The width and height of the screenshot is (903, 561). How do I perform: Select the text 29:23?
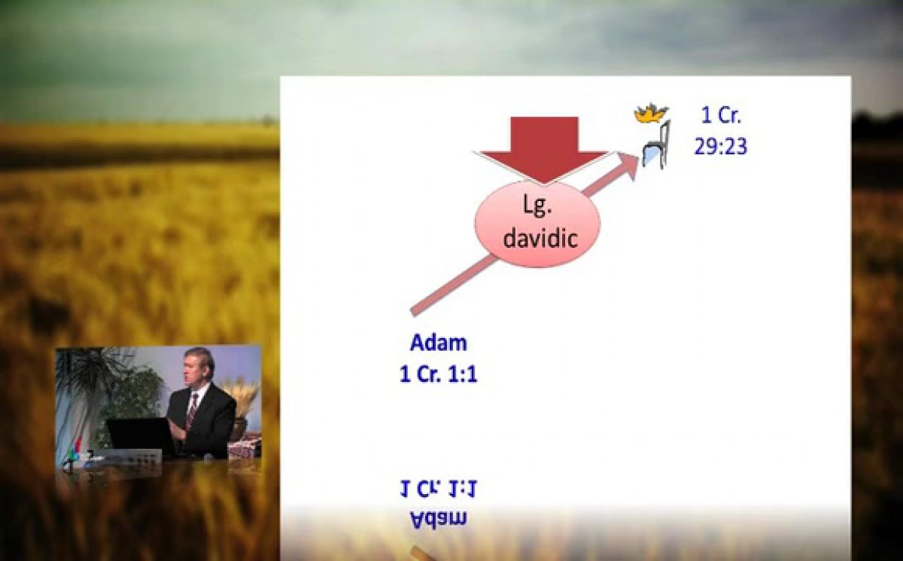pyautogui.click(x=720, y=146)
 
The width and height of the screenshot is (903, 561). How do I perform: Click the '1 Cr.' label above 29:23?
pyautogui.click(x=721, y=115)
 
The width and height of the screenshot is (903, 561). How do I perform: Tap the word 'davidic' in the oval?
pyautogui.click(x=540, y=239)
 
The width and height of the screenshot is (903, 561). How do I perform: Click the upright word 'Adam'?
pyautogui.click(x=439, y=343)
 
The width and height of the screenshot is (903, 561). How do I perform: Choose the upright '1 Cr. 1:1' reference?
pyautogui.click(x=439, y=373)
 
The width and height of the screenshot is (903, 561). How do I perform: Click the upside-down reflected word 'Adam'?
pyautogui.click(x=439, y=519)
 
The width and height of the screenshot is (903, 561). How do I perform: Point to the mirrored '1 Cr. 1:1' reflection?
pyautogui.click(x=439, y=489)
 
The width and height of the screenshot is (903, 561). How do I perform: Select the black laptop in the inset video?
pyautogui.click(x=141, y=438)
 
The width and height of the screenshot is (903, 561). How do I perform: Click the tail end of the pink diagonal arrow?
pyautogui.click(x=413, y=313)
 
